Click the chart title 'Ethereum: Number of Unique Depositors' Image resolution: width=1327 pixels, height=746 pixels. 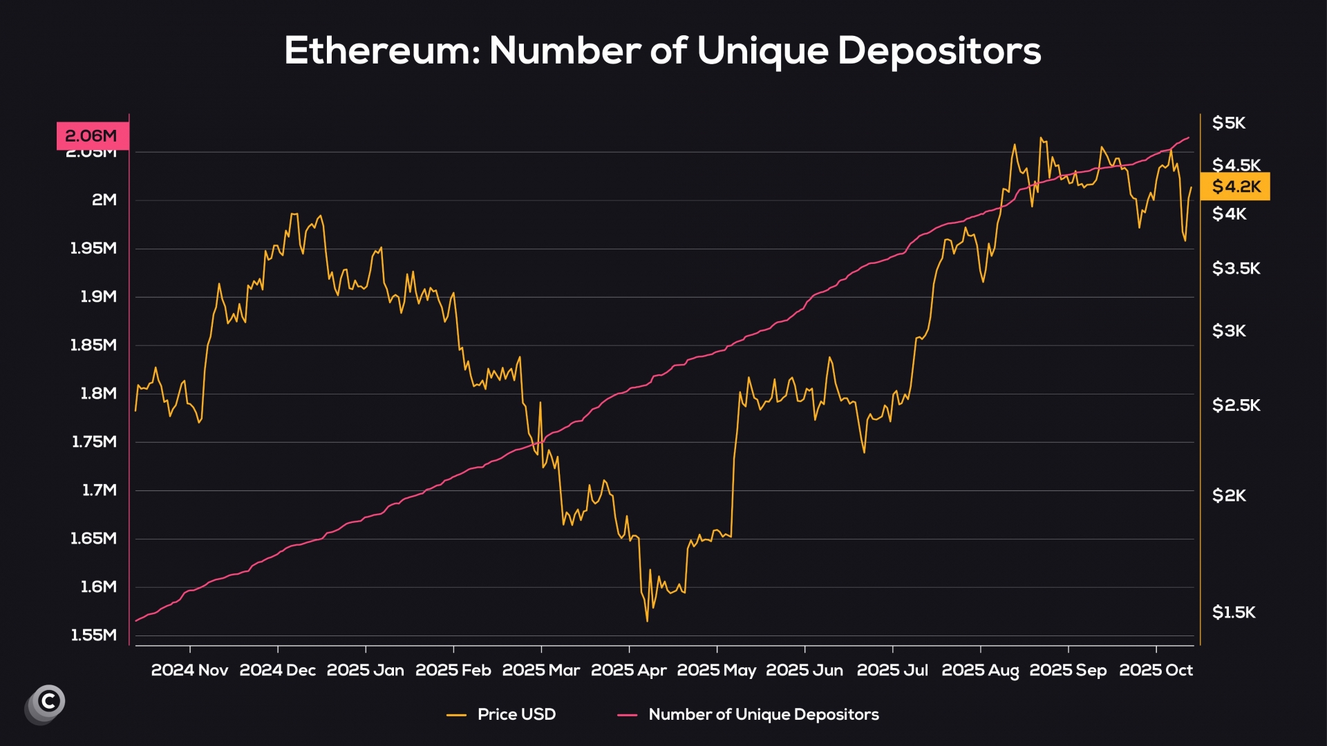(x=662, y=50)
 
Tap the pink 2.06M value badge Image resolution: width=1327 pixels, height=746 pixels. (x=92, y=136)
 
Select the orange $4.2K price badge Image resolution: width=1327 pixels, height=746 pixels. (x=1236, y=186)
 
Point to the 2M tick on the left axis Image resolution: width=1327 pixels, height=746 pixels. (x=104, y=200)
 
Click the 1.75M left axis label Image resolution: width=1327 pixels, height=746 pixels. (x=94, y=442)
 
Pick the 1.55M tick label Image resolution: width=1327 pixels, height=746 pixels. (x=94, y=635)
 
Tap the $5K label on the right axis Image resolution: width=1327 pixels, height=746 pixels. (x=1229, y=124)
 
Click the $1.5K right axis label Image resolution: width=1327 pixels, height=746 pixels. (x=1234, y=613)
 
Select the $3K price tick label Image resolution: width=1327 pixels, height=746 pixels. (x=1229, y=332)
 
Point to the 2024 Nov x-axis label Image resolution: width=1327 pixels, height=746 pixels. (x=189, y=670)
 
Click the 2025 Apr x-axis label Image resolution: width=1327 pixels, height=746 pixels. (x=629, y=670)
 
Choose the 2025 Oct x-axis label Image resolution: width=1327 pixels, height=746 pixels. (x=1156, y=670)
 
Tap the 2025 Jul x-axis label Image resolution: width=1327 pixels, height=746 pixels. (x=892, y=670)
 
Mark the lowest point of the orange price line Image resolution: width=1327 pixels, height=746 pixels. (x=647, y=621)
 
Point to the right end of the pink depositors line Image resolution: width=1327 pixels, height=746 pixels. (x=1189, y=137)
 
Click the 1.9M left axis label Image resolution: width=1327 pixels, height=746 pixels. (x=98, y=297)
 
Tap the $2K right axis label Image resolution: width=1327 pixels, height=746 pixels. (x=1229, y=496)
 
